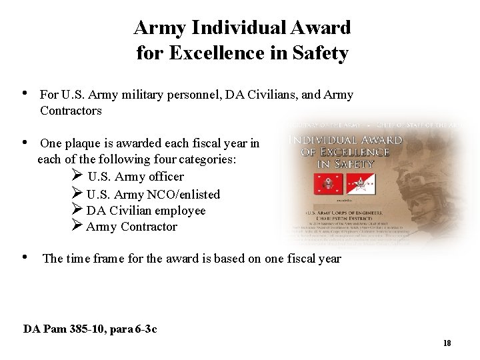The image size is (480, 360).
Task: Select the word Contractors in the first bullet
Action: [x=71, y=111]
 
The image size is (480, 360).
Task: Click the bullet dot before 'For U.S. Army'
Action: [x=25, y=93]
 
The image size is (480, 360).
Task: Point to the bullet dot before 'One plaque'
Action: [x=25, y=142]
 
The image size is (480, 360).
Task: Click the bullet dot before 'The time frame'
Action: [x=25, y=257]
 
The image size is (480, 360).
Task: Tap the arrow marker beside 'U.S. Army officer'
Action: [x=76, y=176]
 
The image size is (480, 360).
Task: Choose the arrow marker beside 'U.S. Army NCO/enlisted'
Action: [x=76, y=193]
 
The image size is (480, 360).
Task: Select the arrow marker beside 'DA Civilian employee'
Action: [x=76, y=210]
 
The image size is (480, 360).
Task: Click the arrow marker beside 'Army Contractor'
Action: [x=76, y=226]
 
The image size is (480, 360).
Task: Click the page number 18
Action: [x=447, y=343]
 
